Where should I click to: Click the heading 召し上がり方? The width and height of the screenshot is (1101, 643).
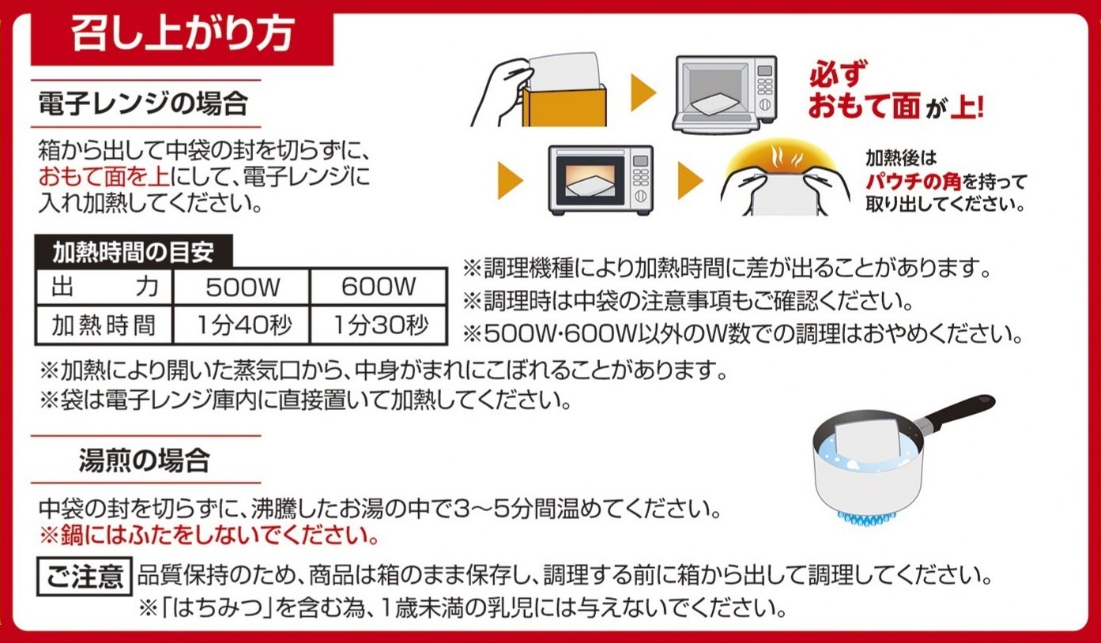pyautogui.click(x=183, y=35)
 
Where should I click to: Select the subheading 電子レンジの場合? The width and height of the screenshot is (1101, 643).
pyautogui.click(x=143, y=103)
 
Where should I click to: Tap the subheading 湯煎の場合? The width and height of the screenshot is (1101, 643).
pyautogui.click(x=145, y=461)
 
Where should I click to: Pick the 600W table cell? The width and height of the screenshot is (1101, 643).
pyautogui.click(x=379, y=287)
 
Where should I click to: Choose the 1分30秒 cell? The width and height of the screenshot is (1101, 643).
pyautogui.click(x=379, y=325)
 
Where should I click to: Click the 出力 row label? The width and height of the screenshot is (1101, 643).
pyautogui.click(x=104, y=287)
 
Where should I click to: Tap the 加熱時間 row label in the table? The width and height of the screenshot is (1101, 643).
pyautogui.click(x=104, y=325)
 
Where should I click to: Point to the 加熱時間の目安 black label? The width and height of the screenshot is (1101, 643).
pyautogui.click(x=134, y=252)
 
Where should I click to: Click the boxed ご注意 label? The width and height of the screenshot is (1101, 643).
pyautogui.click(x=85, y=576)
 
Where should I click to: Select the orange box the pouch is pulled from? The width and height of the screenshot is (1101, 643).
pyautogui.click(x=564, y=107)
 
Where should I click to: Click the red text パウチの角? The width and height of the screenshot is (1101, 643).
pyautogui.click(x=913, y=182)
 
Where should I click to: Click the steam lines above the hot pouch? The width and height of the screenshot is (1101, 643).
pyautogui.click(x=785, y=157)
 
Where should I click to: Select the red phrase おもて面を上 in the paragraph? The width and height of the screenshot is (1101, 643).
pyautogui.click(x=104, y=177)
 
